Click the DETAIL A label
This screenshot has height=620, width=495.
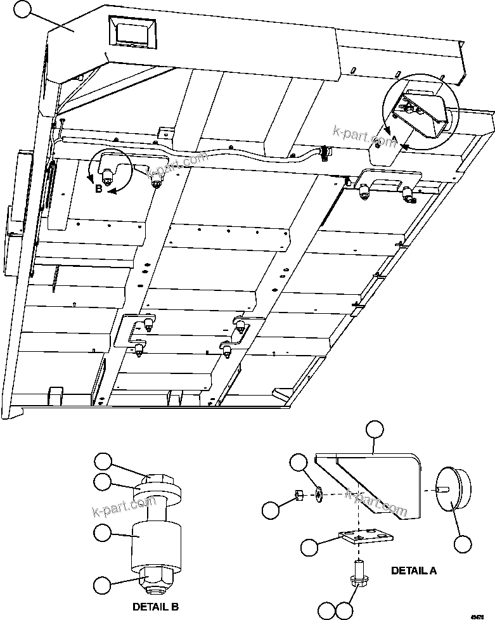(413, 570)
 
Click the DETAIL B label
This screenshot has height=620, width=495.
(154, 607)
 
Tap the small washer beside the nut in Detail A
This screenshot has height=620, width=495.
(318, 494)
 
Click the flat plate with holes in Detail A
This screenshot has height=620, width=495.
(365, 537)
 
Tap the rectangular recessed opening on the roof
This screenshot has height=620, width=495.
(133, 30)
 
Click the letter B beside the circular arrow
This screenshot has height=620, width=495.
(98, 189)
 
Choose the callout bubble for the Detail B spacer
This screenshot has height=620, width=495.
(104, 533)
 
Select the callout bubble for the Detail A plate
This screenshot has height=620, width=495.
(309, 547)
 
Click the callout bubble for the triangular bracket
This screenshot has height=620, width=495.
(375, 429)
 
